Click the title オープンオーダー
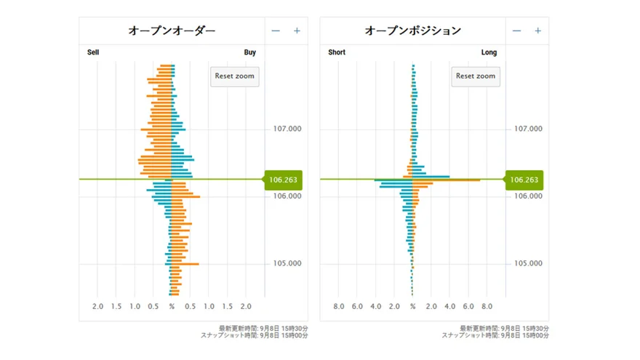click(172, 31)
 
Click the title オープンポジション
click(412, 31)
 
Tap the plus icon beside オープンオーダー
click(297, 31)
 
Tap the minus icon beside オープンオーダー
click(276, 31)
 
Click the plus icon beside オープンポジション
click(537, 31)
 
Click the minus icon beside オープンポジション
click(516, 31)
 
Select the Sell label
click(93, 52)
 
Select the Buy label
click(249, 52)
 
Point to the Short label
click(337, 52)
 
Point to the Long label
click(489, 52)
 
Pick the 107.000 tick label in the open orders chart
click(287, 129)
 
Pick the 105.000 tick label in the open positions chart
click(527, 263)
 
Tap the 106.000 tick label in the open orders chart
click(287, 196)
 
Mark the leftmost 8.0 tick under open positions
click(339, 307)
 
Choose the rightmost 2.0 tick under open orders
click(246, 307)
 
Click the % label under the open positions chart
click(412, 307)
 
